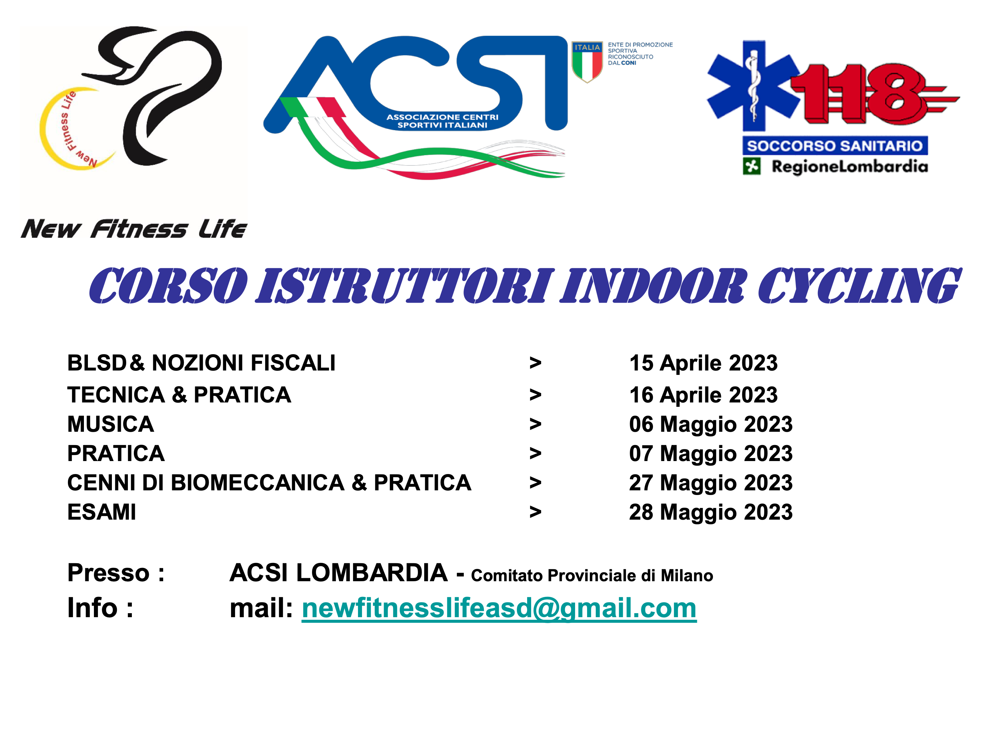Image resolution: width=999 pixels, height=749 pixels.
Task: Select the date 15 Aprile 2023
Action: (x=703, y=363)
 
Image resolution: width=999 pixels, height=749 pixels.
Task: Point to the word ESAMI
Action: (x=102, y=512)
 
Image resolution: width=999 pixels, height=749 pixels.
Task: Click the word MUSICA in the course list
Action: (x=111, y=424)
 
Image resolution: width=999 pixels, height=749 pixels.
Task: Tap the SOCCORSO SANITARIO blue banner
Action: (x=835, y=146)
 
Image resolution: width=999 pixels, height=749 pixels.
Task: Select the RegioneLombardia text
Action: (x=849, y=166)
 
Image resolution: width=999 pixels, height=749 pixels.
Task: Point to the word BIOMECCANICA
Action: (x=257, y=483)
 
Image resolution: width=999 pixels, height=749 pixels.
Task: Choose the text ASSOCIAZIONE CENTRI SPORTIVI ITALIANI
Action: (x=443, y=121)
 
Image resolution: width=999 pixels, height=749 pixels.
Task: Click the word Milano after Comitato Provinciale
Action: (x=687, y=576)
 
